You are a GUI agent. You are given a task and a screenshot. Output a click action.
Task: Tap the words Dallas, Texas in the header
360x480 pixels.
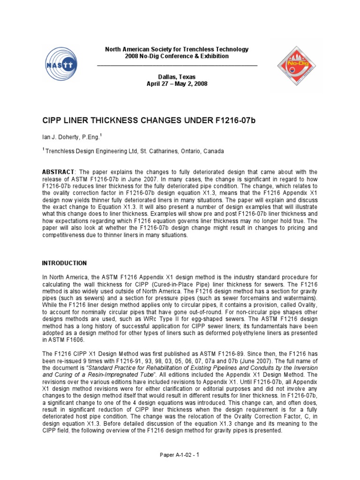coord(177,77)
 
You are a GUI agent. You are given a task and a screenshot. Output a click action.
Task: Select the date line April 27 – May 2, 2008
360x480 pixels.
coord(177,84)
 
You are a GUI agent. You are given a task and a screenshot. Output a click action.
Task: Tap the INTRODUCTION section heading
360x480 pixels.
coord(65,263)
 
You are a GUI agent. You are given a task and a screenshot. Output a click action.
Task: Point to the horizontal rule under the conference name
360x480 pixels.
coord(177,65)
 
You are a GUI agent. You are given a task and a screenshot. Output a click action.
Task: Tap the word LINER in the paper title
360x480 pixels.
coord(75,120)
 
